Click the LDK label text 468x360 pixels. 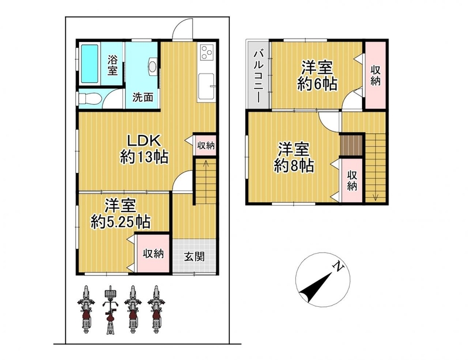coord(144,140)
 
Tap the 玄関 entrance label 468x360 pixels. coord(194,257)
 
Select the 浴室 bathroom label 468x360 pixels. coord(112,65)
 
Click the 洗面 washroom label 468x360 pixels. coord(143,97)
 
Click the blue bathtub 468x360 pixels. coord(90,64)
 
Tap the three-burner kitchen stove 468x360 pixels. coord(207,52)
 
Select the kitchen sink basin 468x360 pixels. coord(207,86)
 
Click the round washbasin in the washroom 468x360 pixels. coord(152,66)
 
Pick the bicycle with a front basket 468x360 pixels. coord(111,309)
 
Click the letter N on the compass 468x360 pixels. coord(339,266)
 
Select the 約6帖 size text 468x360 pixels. coord(317,84)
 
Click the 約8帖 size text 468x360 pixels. coord(294,165)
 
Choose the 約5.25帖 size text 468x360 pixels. coord(121,221)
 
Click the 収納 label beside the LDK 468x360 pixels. coord(206,146)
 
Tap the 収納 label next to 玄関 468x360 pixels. coord(153,254)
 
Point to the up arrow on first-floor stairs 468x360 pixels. coord(206,165)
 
